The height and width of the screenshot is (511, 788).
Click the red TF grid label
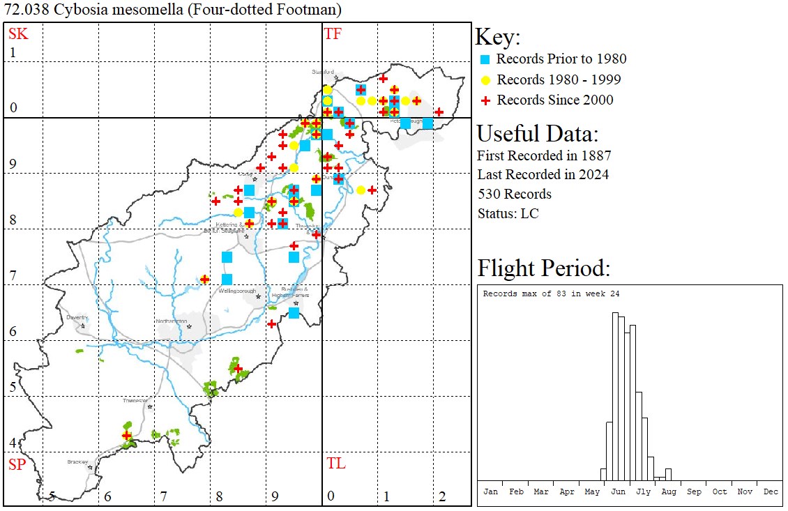(x=333, y=33)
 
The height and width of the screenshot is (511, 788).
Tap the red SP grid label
(x=16, y=464)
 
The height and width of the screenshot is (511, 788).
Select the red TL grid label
(x=335, y=464)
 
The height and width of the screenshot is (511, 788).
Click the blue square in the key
(x=486, y=59)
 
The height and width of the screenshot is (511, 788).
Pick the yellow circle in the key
(x=486, y=79)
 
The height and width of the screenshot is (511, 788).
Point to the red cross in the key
(x=486, y=100)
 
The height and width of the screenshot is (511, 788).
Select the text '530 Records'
(x=514, y=194)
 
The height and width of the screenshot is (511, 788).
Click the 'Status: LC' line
(x=508, y=213)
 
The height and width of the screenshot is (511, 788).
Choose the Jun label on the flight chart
(x=618, y=491)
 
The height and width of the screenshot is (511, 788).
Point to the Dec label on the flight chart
(x=770, y=491)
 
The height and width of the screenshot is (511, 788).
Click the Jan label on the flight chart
(x=491, y=491)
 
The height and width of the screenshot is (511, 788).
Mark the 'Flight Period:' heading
(x=543, y=268)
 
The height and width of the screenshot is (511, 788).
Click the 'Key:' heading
(x=497, y=37)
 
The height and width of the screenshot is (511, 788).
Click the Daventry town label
(x=76, y=317)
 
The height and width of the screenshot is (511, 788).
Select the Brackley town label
(x=77, y=462)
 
